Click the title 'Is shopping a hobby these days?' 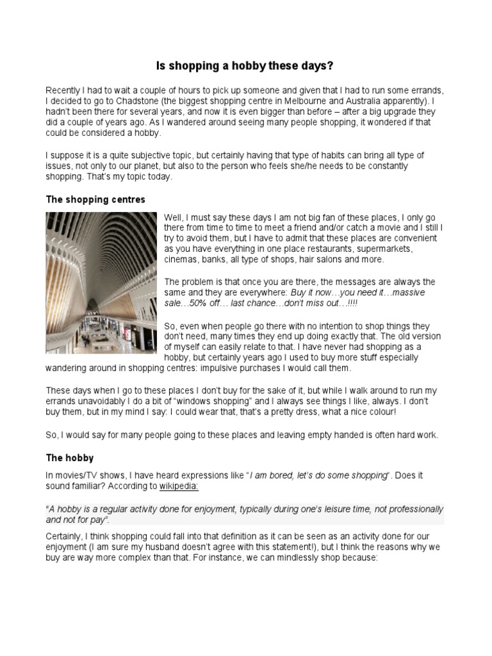click(245, 66)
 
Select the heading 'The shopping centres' click(95, 199)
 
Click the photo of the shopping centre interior click(101, 283)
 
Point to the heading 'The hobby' click(70, 458)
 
